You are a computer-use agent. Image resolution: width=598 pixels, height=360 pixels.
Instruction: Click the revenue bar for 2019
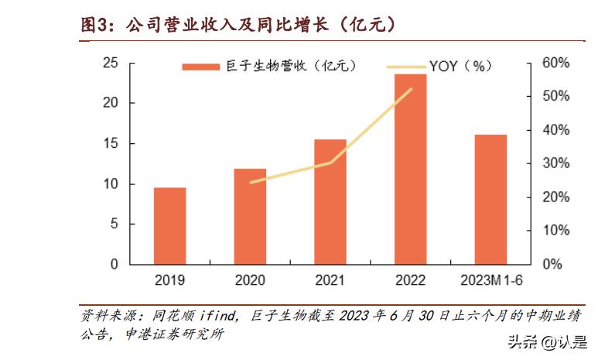pos(169,226)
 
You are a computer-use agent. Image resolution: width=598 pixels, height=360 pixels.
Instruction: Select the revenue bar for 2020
pos(250,217)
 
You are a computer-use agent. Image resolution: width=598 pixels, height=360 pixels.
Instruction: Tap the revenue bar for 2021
pos(330,202)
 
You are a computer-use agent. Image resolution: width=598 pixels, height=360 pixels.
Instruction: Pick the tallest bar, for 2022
pos(411,170)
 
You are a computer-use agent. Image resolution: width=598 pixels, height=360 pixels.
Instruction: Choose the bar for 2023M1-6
pos(490,200)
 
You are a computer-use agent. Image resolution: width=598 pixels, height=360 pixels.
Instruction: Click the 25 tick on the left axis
pos(110,63)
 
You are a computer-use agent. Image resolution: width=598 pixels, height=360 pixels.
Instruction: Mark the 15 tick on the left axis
pos(110,143)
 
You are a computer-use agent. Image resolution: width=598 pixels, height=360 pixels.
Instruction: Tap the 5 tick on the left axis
pos(114,224)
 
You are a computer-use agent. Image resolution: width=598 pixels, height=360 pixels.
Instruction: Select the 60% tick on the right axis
pos(555,63)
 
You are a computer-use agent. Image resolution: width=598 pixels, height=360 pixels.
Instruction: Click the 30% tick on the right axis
pos(555,163)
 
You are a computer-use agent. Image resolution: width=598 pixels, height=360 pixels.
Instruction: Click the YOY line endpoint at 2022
pos(411,89)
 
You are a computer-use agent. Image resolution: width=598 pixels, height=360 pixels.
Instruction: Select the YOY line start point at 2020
pos(251,183)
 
